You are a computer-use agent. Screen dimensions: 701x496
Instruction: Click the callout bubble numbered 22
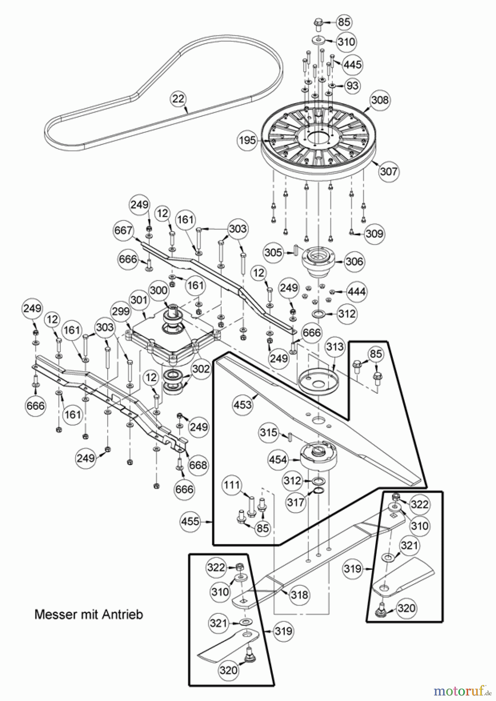178,99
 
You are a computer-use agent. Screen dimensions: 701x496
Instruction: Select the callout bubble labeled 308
380,100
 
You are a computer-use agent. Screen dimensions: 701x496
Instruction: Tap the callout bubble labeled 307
388,171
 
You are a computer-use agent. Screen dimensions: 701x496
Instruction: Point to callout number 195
247,140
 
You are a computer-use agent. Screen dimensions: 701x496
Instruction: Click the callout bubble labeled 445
352,64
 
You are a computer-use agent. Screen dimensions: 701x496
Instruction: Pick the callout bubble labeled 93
352,85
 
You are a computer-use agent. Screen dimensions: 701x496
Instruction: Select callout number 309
374,234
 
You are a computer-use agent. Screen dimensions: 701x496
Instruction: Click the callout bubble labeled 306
354,261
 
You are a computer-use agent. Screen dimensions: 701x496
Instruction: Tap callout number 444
357,291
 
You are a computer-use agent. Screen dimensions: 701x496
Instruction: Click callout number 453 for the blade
243,405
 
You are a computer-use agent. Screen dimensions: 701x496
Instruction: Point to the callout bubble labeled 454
278,460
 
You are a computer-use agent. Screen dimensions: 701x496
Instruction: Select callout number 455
191,521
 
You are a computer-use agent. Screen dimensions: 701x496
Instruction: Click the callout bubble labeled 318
299,595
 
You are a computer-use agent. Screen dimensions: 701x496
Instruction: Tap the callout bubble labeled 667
124,231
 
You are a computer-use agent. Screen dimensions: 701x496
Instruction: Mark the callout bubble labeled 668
198,465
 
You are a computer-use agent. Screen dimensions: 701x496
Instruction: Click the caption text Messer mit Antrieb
89,615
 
